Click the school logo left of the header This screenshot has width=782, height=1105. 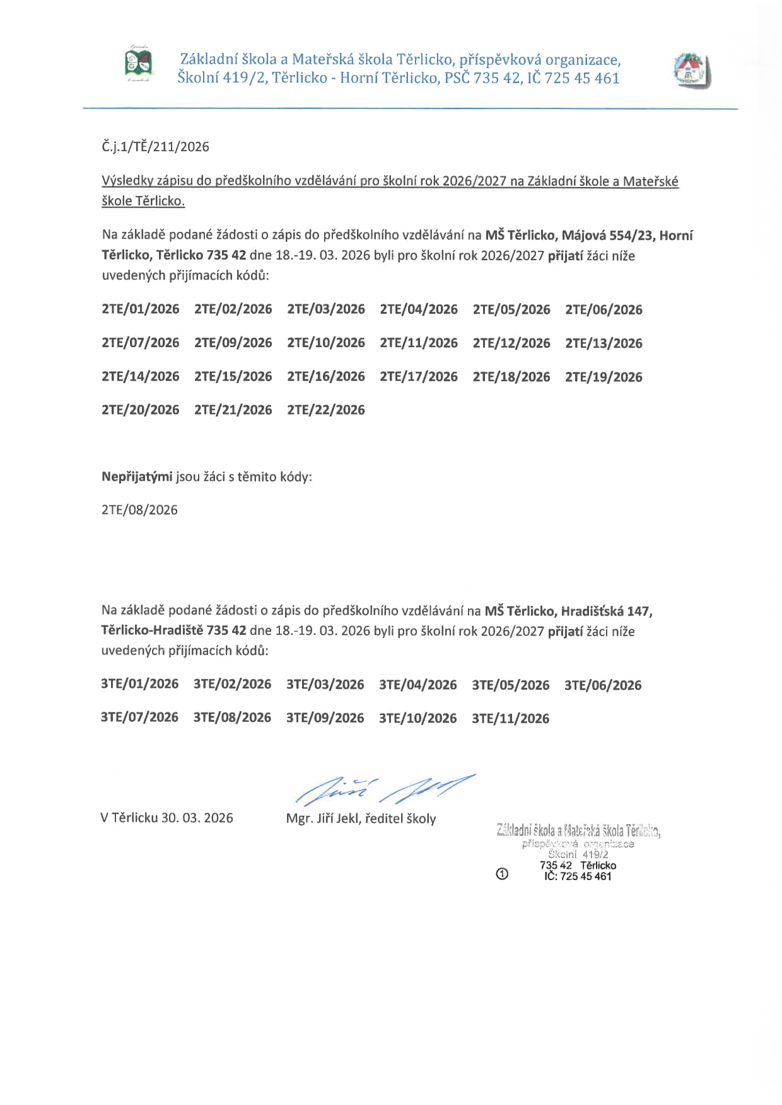pos(139,64)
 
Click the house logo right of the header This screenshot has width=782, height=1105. pos(692,70)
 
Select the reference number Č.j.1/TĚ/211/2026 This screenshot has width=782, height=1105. pos(155,147)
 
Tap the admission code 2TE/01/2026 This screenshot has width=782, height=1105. pos(141,309)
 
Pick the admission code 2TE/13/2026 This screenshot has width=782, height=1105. pos(604,343)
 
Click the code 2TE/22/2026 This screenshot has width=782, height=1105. pos(326,410)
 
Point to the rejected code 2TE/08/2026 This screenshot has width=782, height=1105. pos(139,510)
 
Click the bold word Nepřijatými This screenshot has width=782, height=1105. pos(137,477)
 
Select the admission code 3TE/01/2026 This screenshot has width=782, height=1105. pos(140,684)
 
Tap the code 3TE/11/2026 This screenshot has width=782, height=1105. pos(510,718)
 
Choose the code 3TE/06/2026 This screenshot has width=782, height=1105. pos(603,685)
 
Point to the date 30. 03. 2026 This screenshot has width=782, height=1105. pos(197,818)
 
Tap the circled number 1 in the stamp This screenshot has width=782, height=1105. pos(502,874)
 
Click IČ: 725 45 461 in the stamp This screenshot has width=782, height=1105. pos(578,876)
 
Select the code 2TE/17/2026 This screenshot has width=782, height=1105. pos(419,377)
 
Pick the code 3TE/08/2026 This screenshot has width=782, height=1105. pos(232,718)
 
